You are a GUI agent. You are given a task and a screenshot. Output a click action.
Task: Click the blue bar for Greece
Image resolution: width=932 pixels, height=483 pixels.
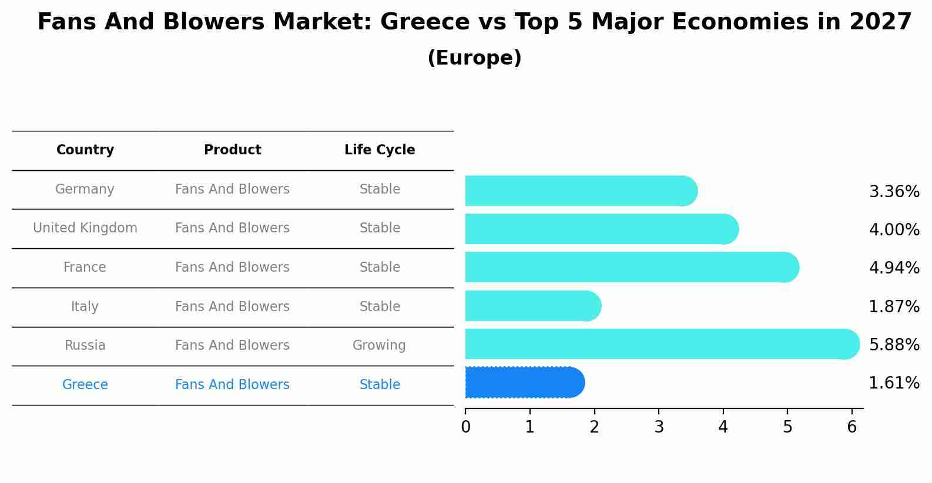[523, 383]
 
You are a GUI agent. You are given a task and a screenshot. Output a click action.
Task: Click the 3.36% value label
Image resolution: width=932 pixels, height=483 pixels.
[894, 192]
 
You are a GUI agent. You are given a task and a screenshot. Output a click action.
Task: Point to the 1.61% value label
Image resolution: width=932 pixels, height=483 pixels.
[894, 383]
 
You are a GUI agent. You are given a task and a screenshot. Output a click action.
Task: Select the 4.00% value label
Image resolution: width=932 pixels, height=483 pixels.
[894, 229]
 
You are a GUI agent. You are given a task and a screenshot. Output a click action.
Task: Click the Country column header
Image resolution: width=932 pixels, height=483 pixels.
[85, 150]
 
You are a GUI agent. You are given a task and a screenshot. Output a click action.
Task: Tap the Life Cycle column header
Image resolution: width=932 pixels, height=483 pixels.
[380, 150]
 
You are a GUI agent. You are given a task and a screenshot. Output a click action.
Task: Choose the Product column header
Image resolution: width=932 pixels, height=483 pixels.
[233, 150]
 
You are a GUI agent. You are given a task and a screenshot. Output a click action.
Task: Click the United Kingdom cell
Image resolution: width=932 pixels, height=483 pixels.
[85, 228]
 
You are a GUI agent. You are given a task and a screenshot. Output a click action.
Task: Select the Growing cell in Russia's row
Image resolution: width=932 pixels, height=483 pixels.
[379, 346]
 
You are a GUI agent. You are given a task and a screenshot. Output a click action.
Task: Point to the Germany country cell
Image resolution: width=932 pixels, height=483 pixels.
[85, 190]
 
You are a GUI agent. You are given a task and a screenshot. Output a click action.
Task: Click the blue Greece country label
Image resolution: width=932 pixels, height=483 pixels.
[85, 385]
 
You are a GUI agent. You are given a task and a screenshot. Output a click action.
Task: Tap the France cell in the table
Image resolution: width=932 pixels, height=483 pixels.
[85, 268]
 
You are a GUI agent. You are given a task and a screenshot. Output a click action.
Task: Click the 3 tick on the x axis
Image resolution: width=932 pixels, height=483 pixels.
[659, 427]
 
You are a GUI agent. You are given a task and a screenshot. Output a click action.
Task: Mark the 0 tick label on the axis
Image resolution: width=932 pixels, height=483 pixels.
[465, 427]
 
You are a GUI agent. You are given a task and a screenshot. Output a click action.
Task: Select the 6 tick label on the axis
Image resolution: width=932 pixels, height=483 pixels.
[851, 427]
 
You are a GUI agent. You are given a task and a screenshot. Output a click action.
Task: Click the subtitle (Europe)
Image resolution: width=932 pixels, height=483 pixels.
[474, 58]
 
